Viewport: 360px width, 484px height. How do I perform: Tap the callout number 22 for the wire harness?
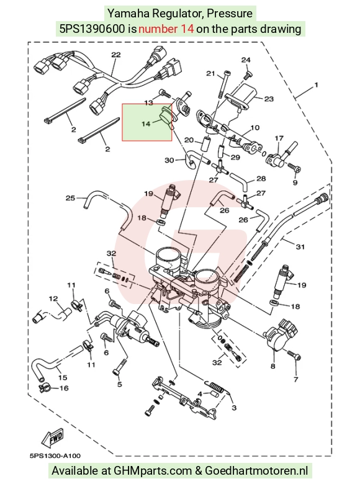click(116, 55)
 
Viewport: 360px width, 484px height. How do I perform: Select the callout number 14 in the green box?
click(146, 123)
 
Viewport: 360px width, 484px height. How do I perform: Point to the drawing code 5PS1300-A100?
click(55, 456)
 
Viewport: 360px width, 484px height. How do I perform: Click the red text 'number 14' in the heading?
click(166, 29)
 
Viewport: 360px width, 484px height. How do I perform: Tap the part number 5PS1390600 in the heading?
click(92, 29)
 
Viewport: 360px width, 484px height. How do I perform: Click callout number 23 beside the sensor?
click(269, 99)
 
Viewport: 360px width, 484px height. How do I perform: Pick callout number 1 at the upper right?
click(316, 84)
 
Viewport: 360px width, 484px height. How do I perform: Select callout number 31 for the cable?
click(300, 246)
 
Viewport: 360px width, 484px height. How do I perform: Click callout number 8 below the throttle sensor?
click(273, 366)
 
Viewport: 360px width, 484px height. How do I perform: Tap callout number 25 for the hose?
click(70, 197)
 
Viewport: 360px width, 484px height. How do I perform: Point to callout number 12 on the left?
click(53, 298)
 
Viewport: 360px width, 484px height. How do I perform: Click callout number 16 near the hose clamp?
click(64, 388)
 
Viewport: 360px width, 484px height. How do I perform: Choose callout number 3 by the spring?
click(234, 408)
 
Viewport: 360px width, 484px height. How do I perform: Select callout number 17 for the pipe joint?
click(279, 138)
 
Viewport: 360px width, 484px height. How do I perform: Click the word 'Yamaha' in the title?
click(125, 13)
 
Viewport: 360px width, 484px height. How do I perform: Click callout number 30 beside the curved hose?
click(169, 160)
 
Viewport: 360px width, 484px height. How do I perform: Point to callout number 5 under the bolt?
click(120, 384)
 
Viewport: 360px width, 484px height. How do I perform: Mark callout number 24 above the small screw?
click(246, 60)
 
